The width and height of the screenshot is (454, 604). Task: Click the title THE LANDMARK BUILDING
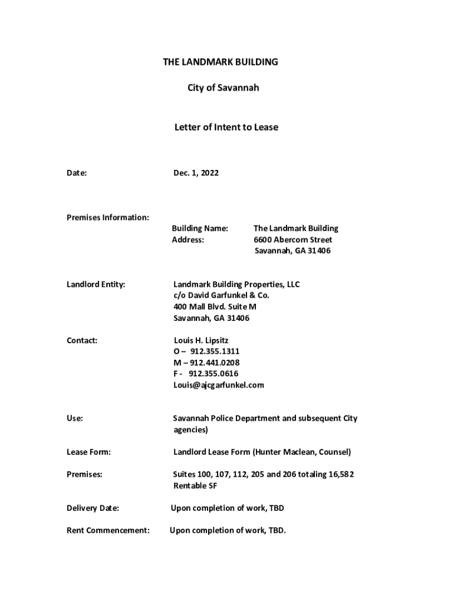point(220,62)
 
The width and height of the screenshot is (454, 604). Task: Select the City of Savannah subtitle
point(223,88)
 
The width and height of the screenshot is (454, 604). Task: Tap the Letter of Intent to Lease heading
point(226,127)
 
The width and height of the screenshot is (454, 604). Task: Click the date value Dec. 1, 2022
point(196,173)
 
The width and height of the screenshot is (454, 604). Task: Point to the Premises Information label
point(107,218)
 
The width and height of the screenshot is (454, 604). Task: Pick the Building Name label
point(199,228)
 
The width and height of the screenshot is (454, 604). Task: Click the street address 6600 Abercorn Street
point(292,239)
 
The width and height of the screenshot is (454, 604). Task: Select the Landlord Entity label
point(96,284)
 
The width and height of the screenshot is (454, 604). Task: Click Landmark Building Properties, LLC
point(236,284)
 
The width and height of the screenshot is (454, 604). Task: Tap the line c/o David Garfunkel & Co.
point(221,296)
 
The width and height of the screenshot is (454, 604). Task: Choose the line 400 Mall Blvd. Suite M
point(215,307)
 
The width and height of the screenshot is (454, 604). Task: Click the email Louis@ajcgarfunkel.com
point(219,385)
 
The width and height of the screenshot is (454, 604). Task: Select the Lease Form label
point(88,452)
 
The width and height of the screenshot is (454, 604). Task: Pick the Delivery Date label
point(93,508)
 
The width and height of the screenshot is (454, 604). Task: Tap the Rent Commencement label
point(108,530)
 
